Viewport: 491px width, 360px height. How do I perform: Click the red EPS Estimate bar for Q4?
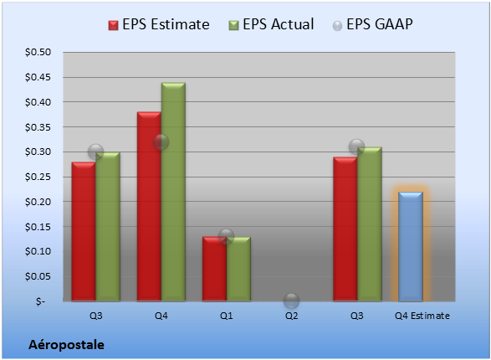[149, 207]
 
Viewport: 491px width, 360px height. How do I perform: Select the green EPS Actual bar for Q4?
[173, 192]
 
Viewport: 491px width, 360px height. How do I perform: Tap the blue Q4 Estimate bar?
[411, 247]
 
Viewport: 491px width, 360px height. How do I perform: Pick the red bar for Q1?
[214, 269]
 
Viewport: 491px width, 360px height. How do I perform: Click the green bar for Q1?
[238, 269]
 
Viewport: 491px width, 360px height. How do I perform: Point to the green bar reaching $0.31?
[370, 224]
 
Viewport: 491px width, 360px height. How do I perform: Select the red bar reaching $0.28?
[84, 232]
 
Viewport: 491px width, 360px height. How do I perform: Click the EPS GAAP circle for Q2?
[292, 301]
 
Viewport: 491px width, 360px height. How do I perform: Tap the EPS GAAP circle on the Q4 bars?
[161, 142]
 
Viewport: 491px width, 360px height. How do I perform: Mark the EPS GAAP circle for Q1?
[227, 237]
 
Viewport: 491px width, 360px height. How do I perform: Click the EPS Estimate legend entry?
[159, 24]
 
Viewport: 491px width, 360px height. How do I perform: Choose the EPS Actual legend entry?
[271, 24]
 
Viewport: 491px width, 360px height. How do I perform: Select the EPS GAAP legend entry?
[372, 24]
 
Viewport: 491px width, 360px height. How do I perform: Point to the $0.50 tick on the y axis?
[38, 52]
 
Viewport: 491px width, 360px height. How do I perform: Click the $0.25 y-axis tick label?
[38, 177]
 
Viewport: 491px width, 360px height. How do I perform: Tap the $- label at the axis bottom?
[40, 301]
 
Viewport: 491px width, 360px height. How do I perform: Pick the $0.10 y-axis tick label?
[38, 252]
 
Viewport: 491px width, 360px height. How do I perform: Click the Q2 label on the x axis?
[292, 316]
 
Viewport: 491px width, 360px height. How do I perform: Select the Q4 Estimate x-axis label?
[422, 316]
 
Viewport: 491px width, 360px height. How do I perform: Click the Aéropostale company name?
[66, 345]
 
